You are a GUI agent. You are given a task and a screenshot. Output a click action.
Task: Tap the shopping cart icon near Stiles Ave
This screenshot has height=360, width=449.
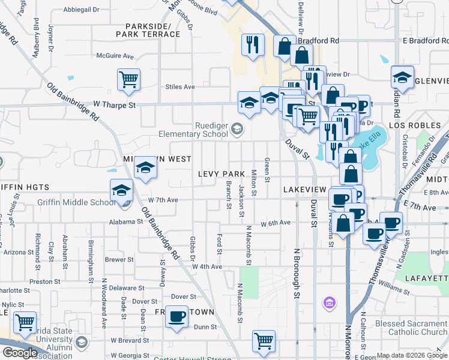point(128,79)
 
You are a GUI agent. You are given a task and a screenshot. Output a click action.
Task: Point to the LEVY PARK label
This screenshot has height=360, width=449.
point(221,174)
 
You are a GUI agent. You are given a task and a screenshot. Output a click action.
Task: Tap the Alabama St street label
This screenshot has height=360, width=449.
point(125,221)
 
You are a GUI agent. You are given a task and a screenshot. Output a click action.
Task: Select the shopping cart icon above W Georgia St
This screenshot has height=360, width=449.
point(264,341)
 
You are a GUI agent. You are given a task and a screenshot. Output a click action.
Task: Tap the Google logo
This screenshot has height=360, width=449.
point(20,353)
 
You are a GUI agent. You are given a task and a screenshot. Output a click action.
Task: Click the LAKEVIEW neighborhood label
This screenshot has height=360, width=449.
point(304,189)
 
